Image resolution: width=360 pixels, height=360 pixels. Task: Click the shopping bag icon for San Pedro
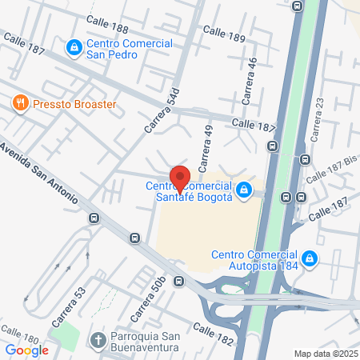[x=74, y=47]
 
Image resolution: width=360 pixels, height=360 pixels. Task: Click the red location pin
[x=179, y=179]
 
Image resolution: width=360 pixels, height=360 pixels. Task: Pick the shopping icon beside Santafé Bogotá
[x=245, y=191]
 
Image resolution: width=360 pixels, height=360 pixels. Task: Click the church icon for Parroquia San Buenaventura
[x=98, y=342]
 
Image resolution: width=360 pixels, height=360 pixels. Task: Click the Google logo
[x=26, y=350]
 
